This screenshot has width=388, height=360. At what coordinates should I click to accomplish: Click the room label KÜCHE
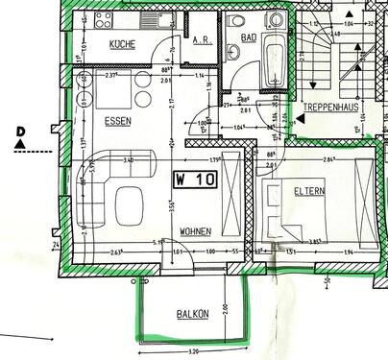pyautogui.click(x=122, y=45)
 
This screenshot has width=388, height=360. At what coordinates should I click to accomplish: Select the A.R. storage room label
pyautogui.click(x=202, y=42)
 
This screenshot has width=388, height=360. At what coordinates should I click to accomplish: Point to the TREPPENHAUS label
pyautogui.click(x=330, y=107)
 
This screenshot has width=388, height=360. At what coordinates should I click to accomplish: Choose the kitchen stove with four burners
pyautogui.click(x=99, y=19)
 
